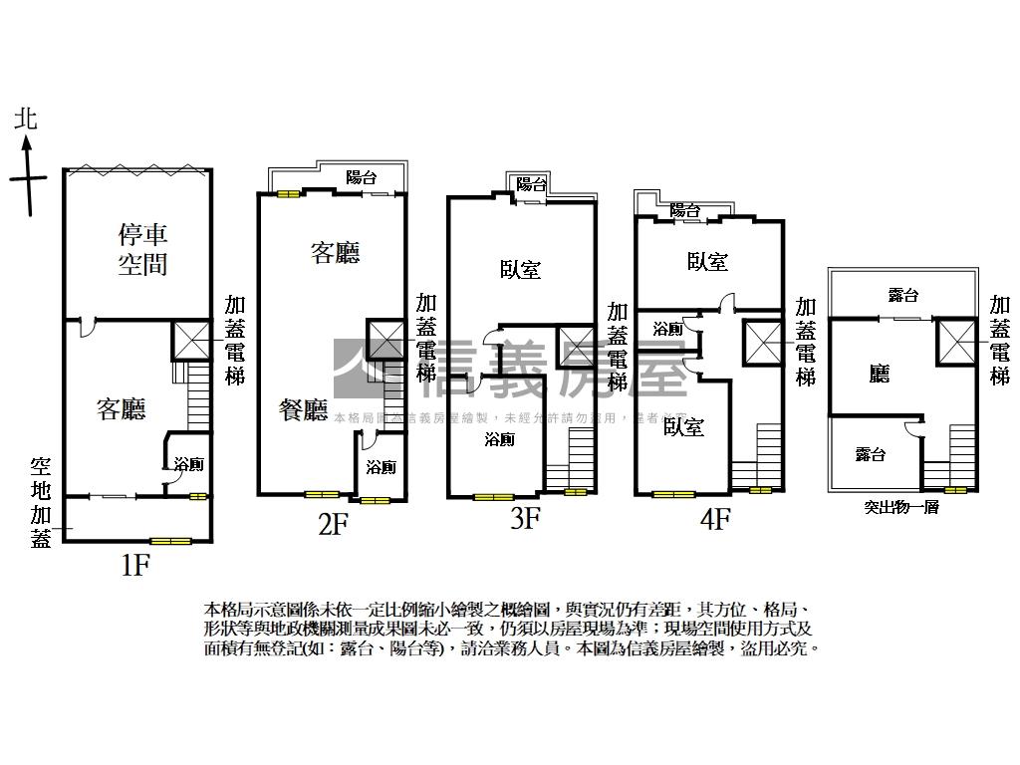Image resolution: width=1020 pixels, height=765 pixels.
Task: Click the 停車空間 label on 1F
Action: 142,249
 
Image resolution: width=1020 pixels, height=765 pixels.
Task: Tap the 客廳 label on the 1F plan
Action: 122,408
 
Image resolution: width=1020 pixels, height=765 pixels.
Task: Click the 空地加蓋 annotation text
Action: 41,502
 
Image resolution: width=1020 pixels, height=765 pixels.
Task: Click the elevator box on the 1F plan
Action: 190,341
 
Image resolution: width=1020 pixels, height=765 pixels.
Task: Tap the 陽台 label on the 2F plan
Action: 361,178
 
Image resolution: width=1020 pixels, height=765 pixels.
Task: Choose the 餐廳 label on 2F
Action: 304,409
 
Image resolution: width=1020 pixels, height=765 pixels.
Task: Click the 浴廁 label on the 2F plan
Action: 380,467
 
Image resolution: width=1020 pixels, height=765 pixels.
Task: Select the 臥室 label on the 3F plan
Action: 520,269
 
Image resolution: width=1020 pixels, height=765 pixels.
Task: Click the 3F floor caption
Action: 525,518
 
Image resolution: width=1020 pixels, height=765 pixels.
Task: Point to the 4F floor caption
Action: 714,518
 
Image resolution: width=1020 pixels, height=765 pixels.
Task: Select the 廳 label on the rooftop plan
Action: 879,374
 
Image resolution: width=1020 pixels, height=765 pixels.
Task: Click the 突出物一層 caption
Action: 901,507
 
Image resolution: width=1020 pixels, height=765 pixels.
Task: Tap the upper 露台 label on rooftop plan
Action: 902,295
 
